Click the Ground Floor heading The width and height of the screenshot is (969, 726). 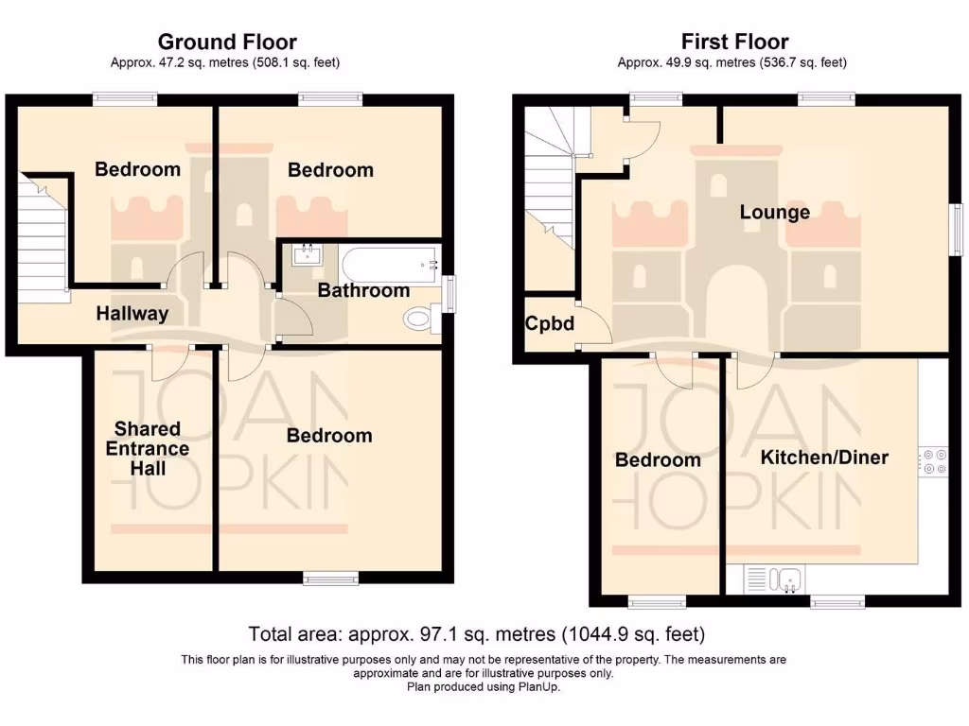click(x=226, y=42)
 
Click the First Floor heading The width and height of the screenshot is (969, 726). click(x=734, y=42)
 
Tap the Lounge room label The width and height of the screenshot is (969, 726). click(x=774, y=212)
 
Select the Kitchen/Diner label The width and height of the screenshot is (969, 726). click(x=824, y=458)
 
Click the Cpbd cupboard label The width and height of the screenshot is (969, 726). click(x=550, y=323)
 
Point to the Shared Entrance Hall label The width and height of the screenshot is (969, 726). click(x=148, y=449)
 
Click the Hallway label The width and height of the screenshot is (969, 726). click(x=132, y=314)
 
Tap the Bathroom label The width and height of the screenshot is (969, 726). click(x=363, y=290)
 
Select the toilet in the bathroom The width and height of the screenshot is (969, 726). click(x=420, y=320)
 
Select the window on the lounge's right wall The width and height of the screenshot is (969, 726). click(x=958, y=229)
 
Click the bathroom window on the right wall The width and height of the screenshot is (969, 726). click(x=449, y=291)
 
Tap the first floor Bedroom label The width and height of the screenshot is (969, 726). click(x=658, y=460)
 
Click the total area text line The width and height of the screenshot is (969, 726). click(x=476, y=633)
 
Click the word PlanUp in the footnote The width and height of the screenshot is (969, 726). click(x=539, y=687)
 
